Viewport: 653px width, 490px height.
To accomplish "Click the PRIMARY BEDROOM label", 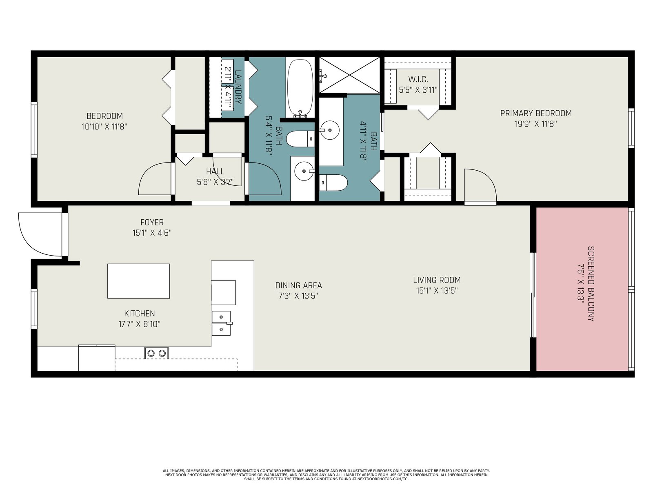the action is coord(535,114).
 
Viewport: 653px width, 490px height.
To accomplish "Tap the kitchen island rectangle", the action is coord(138,281).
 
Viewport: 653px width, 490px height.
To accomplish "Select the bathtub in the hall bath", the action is coord(300,88).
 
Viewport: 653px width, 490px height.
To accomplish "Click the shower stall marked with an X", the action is coord(349,75).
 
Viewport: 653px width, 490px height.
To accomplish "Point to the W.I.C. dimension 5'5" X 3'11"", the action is coord(418,90).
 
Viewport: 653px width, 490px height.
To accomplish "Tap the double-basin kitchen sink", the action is coord(221,323).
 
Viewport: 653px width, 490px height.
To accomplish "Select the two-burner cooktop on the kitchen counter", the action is coord(156,353).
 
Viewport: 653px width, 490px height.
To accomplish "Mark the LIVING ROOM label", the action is coord(437,280).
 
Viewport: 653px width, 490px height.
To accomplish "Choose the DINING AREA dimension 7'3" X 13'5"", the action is coord(298,296).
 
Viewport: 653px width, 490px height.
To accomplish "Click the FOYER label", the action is coord(152,222).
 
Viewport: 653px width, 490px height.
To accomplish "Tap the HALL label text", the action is coord(215,171).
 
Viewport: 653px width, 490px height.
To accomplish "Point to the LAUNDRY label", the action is coord(238,87).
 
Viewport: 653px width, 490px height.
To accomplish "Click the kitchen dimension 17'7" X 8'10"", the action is coord(140,324).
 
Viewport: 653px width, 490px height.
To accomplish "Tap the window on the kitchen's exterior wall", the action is coord(34,309).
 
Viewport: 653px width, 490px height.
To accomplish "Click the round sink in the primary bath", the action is coord(330,130).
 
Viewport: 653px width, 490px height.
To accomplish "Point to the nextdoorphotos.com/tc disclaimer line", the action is coord(326,479).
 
